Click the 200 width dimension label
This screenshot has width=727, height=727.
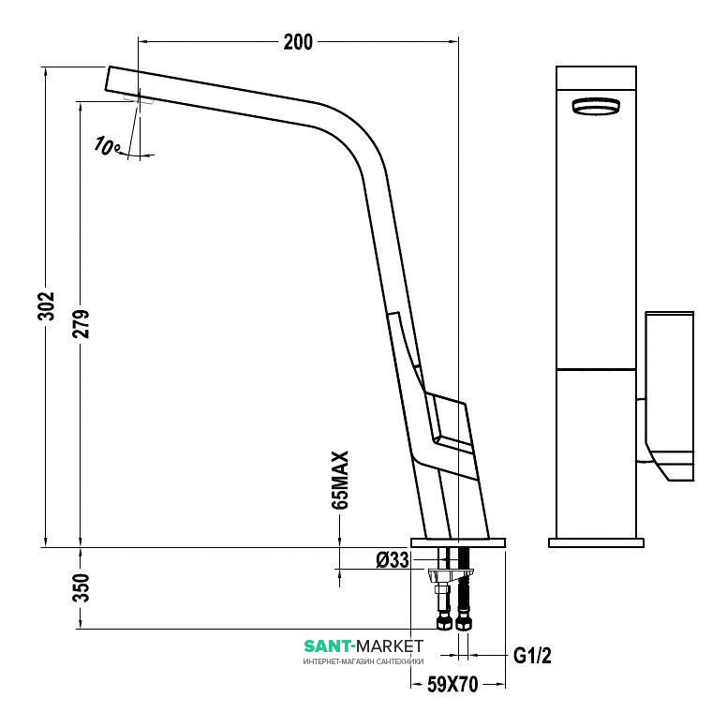(x=298, y=42)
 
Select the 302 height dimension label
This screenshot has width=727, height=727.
(x=46, y=306)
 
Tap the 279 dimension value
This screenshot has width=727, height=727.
(x=82, y=323)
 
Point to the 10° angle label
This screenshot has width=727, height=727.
(x=107, y=145)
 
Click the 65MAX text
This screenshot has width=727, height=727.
(x=340, y=480)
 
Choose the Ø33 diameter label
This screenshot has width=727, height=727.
(x=393, y=560)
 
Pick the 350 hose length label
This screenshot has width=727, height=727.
(x=82, y=588)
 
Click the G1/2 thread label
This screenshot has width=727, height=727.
(x=532, y=656)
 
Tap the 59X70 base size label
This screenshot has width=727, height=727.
(x=453, y=684)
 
